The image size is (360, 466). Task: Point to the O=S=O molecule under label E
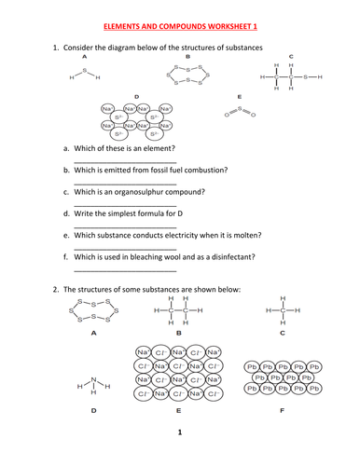[241, 111]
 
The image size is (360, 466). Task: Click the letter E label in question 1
[241, 96]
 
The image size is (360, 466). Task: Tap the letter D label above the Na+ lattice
[137, 96]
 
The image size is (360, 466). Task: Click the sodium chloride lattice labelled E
[177, 374]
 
